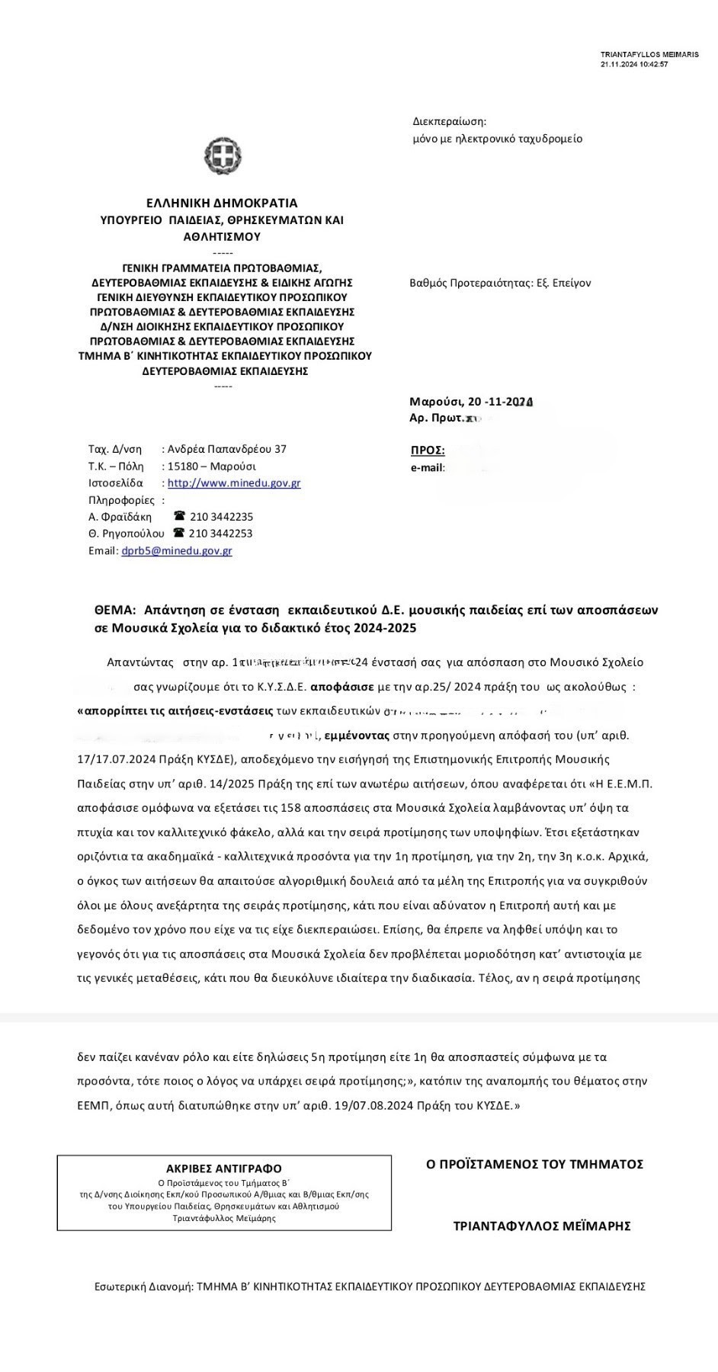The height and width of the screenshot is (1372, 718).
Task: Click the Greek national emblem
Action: click(223, 155)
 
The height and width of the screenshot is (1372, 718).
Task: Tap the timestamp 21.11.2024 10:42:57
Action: click(634, 65)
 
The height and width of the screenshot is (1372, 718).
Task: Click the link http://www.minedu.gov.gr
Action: click(234, 483)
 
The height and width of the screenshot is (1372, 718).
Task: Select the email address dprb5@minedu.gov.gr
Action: click(177, 550)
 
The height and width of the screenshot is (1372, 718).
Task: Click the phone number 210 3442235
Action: click(221, 517)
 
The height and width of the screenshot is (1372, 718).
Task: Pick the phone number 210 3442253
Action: click(220, 534)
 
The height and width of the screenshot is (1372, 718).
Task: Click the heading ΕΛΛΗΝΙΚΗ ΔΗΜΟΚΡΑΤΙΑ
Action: click(222, 204)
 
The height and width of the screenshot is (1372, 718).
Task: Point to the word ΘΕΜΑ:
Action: click(115, 610)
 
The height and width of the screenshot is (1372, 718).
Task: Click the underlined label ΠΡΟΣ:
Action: click(428, 450)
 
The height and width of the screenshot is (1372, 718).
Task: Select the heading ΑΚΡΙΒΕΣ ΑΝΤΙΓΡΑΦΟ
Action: click(224, 1168)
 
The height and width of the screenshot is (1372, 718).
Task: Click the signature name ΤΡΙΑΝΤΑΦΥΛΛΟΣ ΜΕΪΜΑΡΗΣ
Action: click(542, 1226)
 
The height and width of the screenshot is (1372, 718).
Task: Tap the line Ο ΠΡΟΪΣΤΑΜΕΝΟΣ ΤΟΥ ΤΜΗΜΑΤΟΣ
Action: click(534, 1164)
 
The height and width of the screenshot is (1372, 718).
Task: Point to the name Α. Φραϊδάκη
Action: click(120, 517)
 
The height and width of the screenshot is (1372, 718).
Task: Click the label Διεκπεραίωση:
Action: click(449, 121)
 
